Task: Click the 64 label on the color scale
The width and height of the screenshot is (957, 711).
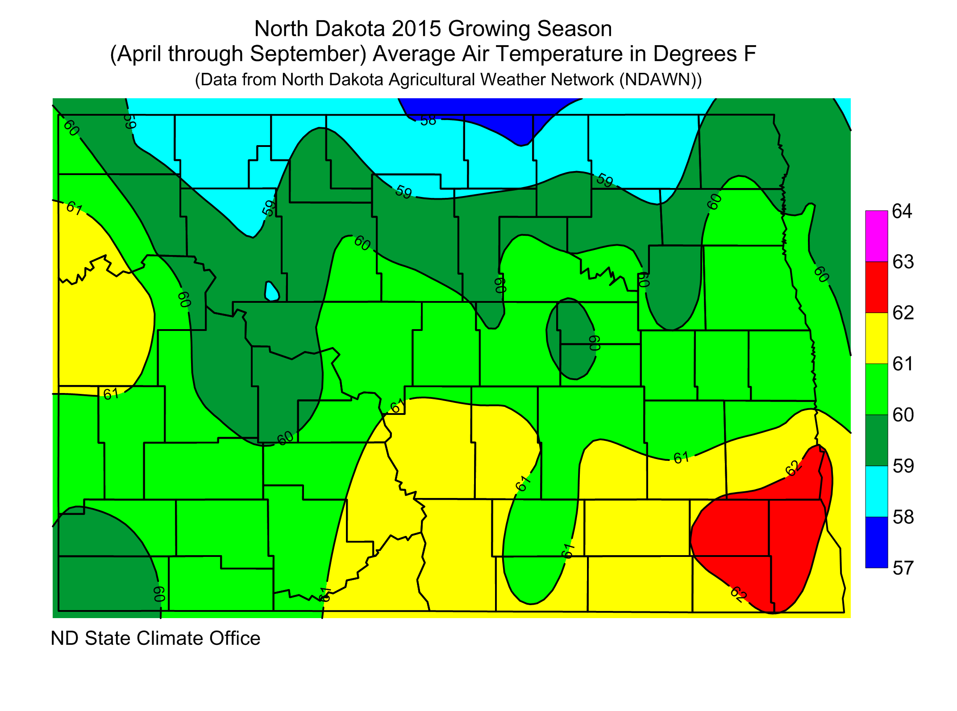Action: tap(902, 211)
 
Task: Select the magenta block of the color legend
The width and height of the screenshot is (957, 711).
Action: tap(877, 236)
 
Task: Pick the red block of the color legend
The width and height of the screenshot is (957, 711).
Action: tap(877, 287)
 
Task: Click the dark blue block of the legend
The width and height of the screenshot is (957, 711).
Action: tap(877, 542)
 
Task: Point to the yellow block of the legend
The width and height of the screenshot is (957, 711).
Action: tap(877, 338)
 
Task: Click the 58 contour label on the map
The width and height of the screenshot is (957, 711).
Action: tap(428, 120)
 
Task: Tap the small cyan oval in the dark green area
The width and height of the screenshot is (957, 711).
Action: tap(271, 292)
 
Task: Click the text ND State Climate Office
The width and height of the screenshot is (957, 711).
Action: tap(155, 638)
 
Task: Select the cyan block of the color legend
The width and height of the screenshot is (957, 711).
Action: tap(877, 491)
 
